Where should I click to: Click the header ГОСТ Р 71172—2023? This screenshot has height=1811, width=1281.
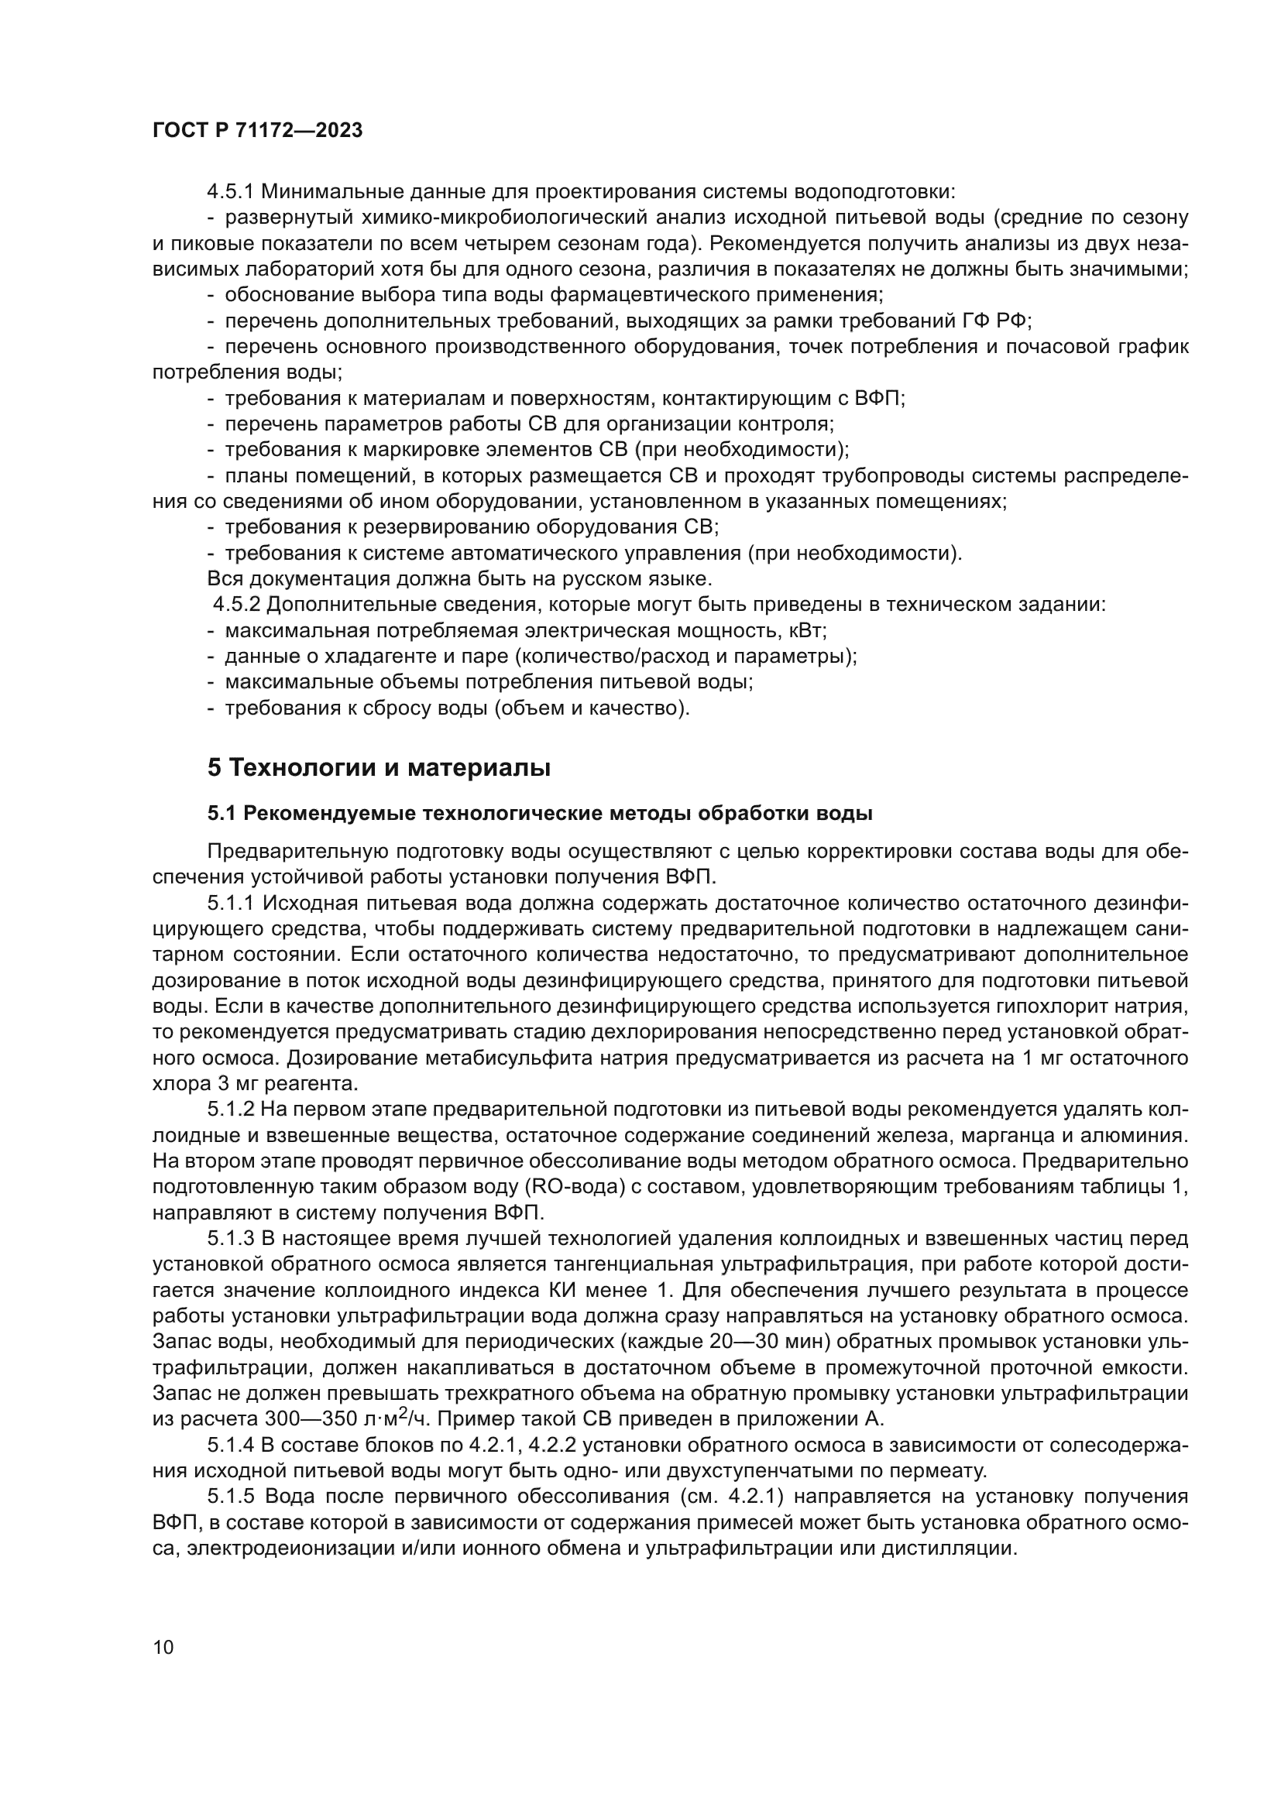(x=257, y=130)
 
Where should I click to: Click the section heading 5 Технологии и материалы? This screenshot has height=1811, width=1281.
(x=379, y=767)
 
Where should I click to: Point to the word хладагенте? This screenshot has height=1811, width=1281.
(x=346, y=657)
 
